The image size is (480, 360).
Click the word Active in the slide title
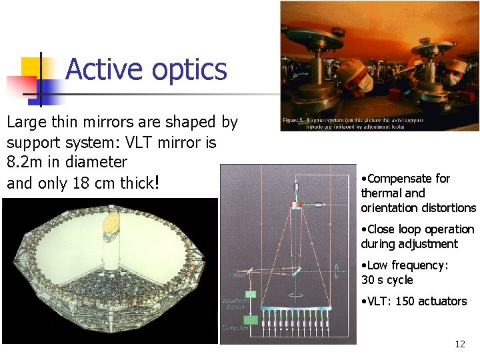coord(105,69)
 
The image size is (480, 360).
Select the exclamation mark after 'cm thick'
coord(157,183)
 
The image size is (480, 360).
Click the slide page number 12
coord(459,344)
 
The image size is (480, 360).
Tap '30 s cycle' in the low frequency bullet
coord(387,280)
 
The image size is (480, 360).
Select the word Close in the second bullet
coord(382,229)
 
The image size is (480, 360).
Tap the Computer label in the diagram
coord(236,327)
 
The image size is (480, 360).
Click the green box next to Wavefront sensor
coord(251,293)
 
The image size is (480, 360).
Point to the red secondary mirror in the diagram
coord(295,204)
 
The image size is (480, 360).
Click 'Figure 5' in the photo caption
coord(294,121)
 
